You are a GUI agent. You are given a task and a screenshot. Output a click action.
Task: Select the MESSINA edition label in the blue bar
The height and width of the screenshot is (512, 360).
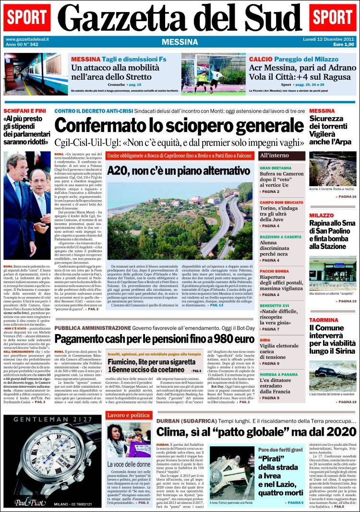point(180,42)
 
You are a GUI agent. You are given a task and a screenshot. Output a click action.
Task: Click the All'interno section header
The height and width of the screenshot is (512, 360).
point(275,155)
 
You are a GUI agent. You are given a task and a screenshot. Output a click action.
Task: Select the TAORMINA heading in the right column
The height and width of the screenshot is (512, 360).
point(324,320)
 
